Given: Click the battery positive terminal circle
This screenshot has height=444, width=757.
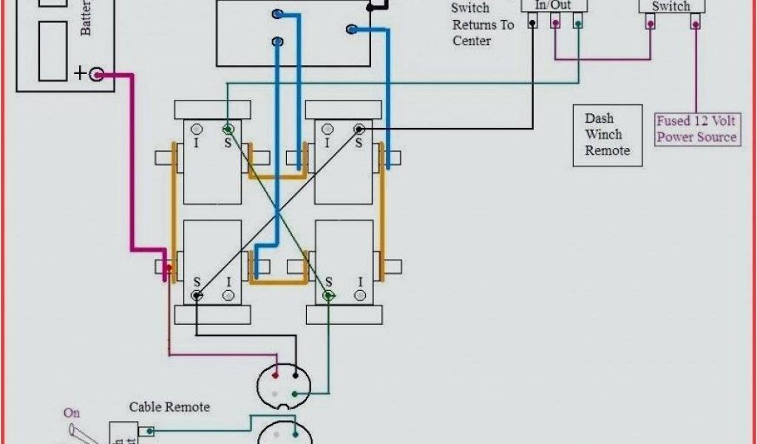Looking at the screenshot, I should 97,74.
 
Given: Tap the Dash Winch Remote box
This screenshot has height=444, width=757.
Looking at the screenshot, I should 608,135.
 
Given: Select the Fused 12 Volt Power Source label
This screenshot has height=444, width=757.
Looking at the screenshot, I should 697,129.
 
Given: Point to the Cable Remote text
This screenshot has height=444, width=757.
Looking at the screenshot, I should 169,407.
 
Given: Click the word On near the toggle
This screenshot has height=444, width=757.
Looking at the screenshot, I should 72,413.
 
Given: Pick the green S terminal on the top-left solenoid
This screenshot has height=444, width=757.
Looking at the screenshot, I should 228,129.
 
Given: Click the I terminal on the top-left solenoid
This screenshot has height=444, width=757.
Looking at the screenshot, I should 197,129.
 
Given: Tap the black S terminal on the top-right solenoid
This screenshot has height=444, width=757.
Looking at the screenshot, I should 359,129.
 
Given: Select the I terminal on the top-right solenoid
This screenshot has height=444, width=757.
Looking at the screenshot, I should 328,129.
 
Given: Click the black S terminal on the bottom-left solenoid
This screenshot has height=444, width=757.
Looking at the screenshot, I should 197,295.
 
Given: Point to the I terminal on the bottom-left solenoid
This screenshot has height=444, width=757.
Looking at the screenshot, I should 228,295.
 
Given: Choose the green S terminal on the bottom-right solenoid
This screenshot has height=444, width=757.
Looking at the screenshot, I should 328,295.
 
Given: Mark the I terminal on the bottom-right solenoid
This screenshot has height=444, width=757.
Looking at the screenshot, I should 360,295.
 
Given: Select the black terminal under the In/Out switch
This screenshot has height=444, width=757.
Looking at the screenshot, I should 532,24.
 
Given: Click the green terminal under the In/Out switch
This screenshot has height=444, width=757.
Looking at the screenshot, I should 577,24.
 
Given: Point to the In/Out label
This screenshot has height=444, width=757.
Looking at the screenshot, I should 554,5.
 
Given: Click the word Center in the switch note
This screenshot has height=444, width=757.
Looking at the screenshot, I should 472,41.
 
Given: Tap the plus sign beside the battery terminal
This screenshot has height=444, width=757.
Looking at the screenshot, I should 80,73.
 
